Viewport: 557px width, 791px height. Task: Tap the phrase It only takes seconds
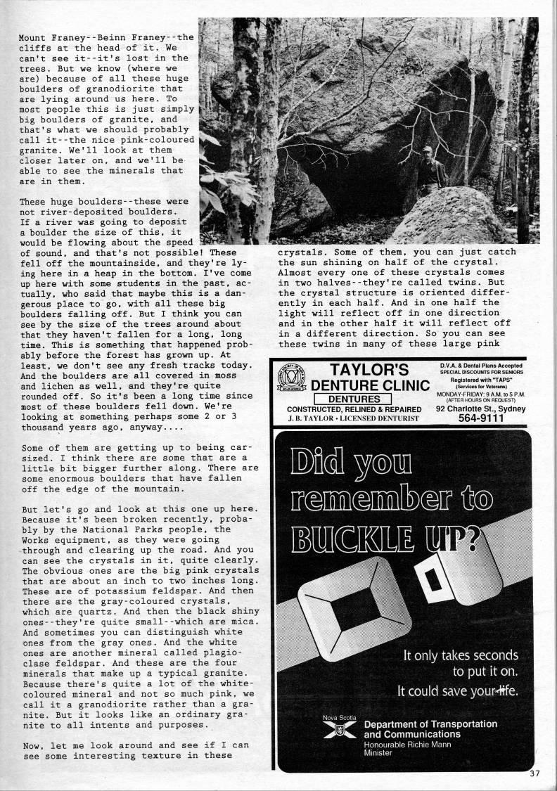click(460, 655)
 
